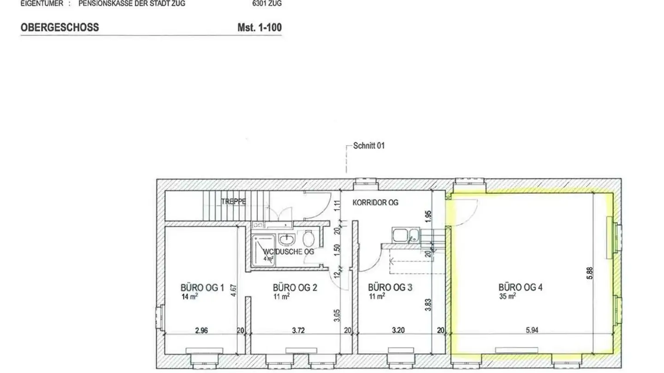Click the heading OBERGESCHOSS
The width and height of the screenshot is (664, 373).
[59, 27]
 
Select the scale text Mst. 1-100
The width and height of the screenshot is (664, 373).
[259, 27]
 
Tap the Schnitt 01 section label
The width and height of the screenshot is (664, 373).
[368, 146]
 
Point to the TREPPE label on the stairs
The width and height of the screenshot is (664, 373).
[233, 202]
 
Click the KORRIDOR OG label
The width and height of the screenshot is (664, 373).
[375, 202]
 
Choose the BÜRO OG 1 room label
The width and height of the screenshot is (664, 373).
[202, 288]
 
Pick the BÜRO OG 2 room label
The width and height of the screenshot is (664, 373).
[295, 288]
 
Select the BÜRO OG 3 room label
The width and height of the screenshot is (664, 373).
[390, 288]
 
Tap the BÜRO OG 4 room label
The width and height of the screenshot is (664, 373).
[520, 288]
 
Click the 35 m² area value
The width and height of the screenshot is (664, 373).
[507, 297]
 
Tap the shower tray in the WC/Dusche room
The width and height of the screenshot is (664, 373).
[263, 250]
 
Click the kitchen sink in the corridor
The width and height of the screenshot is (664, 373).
[405, 235]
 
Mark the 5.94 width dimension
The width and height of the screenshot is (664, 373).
[532, 330]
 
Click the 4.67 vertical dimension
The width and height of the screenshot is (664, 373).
[234, 291]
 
